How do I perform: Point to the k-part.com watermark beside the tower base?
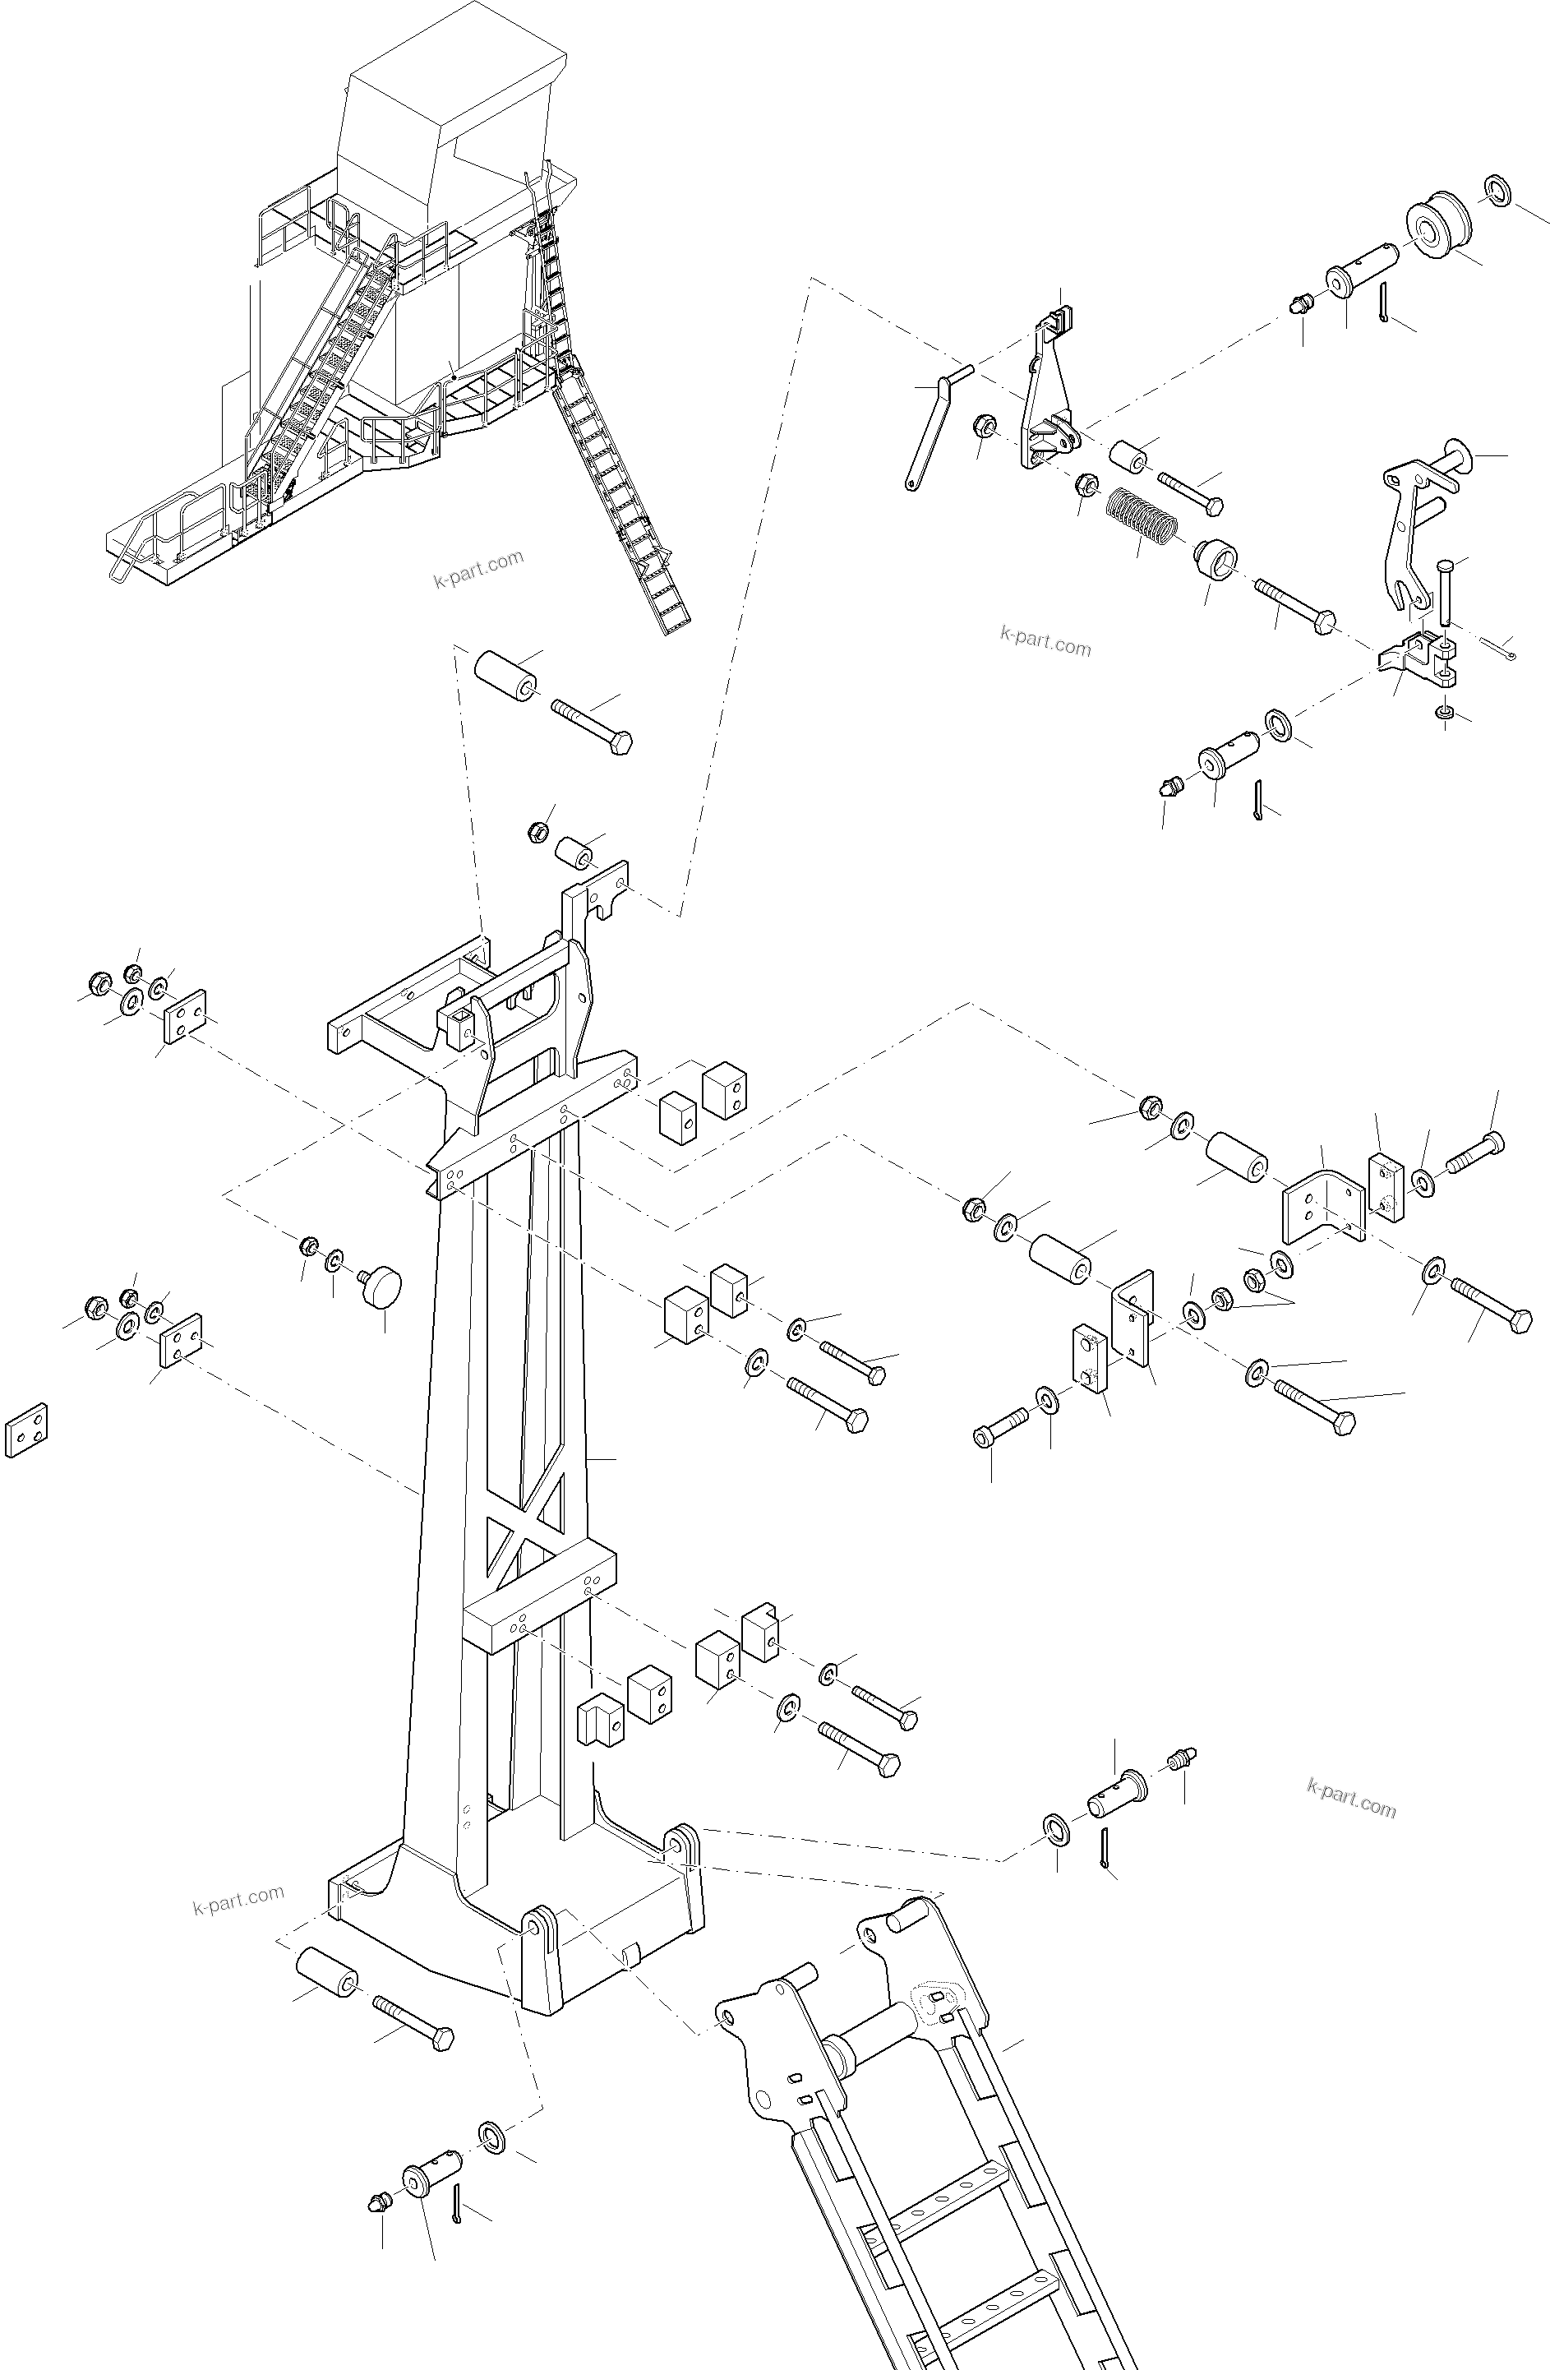[238, 1899]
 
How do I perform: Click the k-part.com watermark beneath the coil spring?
[1045, 642]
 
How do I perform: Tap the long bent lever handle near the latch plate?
[931, 430]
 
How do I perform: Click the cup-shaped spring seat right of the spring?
[1216, 557]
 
